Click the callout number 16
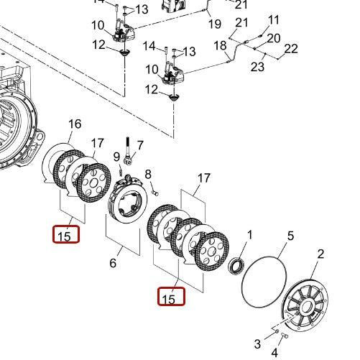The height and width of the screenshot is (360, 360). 75,124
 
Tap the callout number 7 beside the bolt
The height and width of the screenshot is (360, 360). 140,145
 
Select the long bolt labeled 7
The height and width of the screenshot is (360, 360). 127,152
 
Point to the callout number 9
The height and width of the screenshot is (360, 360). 115,157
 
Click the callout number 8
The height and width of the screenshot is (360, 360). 148,174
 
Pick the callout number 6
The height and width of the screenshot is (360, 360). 112,263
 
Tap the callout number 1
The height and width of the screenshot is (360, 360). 250,235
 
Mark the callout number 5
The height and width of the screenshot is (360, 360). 291,235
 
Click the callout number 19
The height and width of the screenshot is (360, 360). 215,24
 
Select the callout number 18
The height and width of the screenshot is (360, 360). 220,46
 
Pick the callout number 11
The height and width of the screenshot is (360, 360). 274,19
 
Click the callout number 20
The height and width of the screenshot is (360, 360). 274,37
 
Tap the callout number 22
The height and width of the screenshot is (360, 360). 290,49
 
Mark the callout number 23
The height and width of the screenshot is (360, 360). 257,67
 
